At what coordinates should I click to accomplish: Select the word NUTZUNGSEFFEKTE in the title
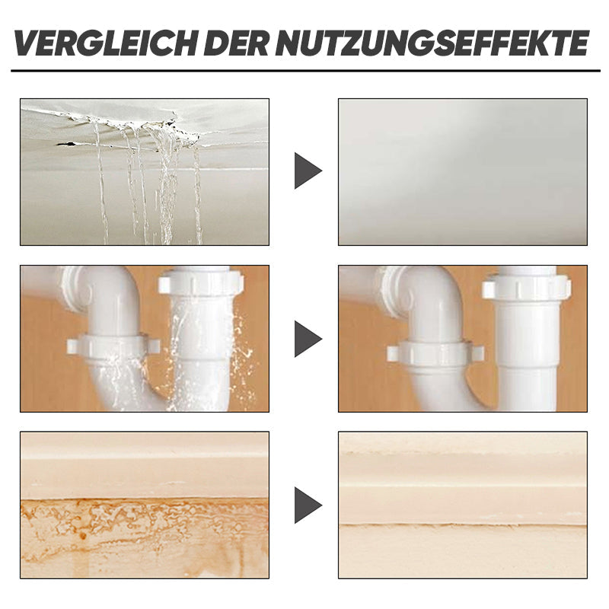tap(432, 43)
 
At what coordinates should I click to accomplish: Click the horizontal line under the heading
tap(305, 71)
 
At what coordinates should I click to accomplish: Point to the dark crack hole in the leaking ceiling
tap(66, 145)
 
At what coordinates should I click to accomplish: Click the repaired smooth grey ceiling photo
tap(463, 172)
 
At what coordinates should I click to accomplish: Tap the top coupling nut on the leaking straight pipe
tap(201, 282)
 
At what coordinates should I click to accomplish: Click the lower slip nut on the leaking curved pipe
tap(113, 346)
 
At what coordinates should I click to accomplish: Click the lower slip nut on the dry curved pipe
tap(435, 352)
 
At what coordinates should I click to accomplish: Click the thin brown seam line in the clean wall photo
tap(463, 525)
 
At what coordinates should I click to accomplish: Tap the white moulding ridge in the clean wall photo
tap(463, 485)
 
